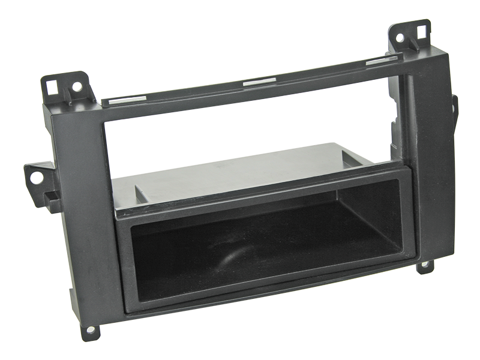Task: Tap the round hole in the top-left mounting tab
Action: point(76,86)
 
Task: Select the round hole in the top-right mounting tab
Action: point(400,37)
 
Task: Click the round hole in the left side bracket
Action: point(36,178)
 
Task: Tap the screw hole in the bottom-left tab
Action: point(91,329)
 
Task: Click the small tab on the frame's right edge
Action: point(455,106)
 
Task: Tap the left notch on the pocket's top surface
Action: point(140,193)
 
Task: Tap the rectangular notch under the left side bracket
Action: point(55,202)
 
